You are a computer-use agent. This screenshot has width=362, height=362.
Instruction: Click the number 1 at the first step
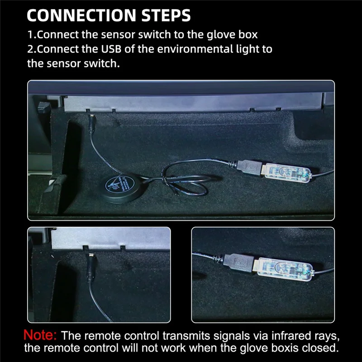point(31,34)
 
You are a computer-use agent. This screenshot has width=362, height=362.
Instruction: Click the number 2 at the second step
point(31,49)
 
